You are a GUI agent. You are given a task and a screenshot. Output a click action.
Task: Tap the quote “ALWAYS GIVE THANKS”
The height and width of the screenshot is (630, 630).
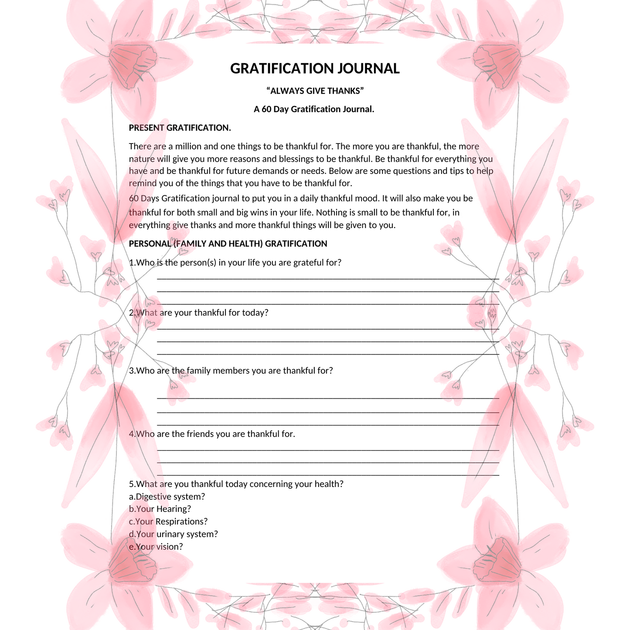click(x=315, y=91)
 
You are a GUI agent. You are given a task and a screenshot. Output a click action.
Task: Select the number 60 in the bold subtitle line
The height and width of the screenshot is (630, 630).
click(x=266, y=109)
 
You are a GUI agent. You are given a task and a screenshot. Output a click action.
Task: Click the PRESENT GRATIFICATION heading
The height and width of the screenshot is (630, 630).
click(x=180, y=128)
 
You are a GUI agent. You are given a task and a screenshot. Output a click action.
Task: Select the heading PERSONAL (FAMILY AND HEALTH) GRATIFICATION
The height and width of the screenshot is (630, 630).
click(x=228, y=244)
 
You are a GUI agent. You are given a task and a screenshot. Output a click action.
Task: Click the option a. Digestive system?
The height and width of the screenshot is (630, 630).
click(x=167, y=497)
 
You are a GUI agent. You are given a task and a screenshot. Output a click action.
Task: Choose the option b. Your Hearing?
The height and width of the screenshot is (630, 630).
click(x=160, y=509)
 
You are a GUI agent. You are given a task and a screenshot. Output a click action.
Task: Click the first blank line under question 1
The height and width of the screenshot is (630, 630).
click(x=328, y=278)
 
